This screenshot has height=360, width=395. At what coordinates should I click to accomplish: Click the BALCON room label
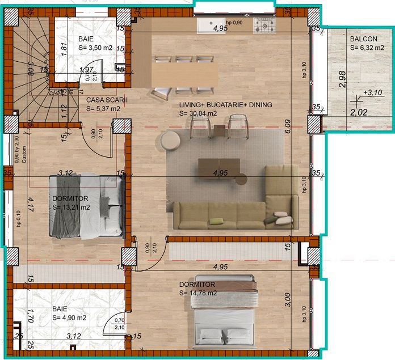[x=364, y=39]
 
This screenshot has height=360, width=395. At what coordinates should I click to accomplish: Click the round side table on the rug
[x=169, y=140]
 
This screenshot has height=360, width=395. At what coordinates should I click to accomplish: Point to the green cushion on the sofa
[x=217, y=220]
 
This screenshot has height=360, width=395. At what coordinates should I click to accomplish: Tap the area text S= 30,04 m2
[x=198, y=113]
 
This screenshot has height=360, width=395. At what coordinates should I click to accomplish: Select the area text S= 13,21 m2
[x=71, y=207]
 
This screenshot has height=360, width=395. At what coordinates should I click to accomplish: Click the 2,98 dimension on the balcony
[x=342, y=79]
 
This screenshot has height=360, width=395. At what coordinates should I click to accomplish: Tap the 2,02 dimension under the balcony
[x=359, y=113]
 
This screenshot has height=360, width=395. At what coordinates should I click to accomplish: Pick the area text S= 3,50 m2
[x=95, y=49]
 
